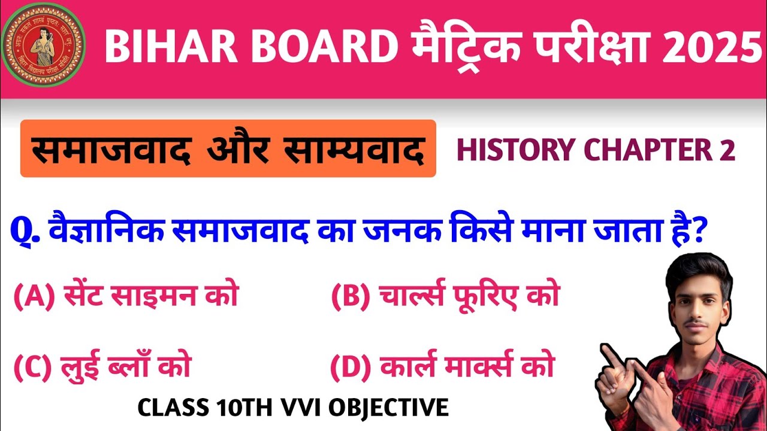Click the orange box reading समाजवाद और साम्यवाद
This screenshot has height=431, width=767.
coord(228,149)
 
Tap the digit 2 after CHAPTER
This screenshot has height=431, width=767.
coord(727,150)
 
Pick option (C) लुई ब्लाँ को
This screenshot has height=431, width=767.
coord(102,366)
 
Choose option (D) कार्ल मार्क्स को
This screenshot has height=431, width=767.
coord(442,366)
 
